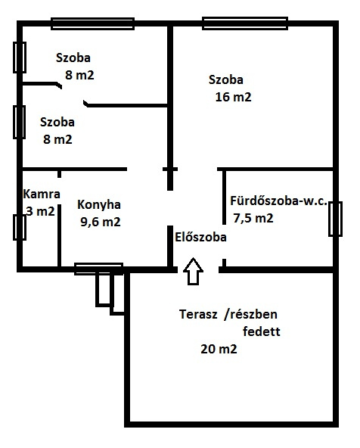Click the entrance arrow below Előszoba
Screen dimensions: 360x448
[193, 271]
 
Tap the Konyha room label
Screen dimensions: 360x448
[99, 205]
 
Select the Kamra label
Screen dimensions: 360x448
[42, 194]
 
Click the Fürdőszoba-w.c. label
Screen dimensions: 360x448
[278, 201]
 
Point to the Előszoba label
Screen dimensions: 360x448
[200, 237]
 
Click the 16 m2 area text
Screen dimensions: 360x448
[233, 97]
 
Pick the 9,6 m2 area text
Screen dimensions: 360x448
[101, 222]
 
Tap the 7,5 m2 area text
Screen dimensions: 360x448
[253, 218]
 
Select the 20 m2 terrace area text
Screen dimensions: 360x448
[219, 349]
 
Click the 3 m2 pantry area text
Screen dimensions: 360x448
[40, 211]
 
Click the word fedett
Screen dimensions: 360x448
[262, 331]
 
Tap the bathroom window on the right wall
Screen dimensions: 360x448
[335, 219]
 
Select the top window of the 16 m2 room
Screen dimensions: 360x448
[245, 23]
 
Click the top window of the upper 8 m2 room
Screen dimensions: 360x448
[93, 23]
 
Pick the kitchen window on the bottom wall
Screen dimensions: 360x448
[99, 269]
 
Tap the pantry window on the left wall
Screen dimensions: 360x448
[20, 228]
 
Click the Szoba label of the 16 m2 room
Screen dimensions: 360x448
[226, 79]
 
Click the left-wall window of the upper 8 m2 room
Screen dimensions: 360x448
[20, 58]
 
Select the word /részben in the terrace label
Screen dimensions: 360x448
[251, 314]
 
